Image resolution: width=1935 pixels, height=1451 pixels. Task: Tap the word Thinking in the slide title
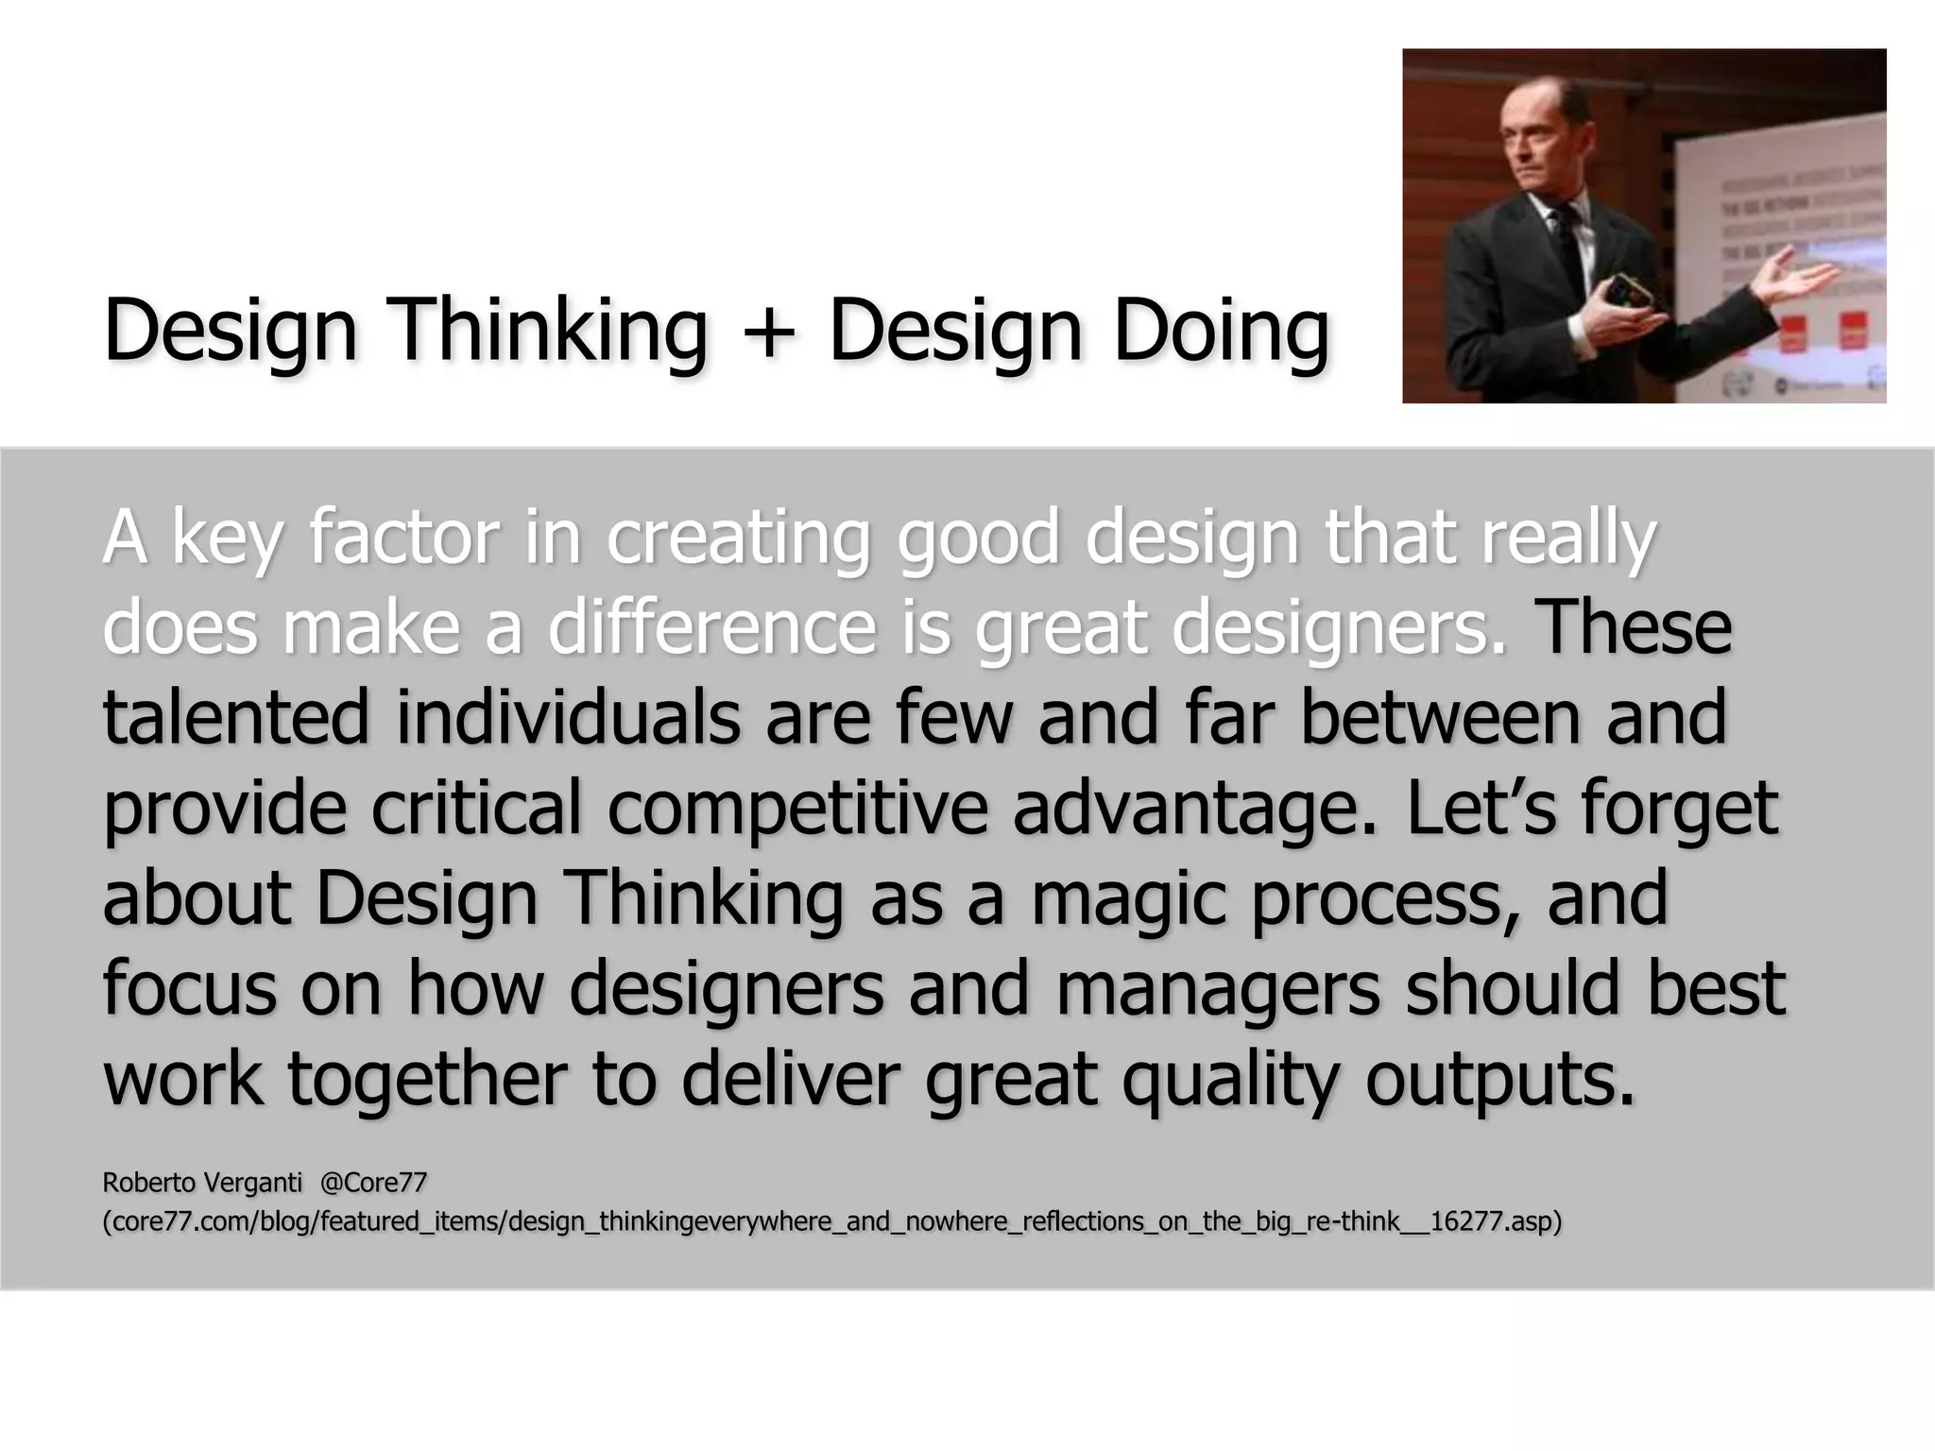(x=549, y=331)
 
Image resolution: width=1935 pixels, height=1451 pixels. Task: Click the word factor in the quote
(x=402, y=538)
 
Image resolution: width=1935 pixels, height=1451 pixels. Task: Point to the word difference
(x=712, y=628)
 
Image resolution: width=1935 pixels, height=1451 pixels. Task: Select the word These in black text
(x=1634, y=628)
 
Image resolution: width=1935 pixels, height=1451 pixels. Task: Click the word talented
(x=235, y=718)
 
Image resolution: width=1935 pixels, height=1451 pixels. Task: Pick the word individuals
(x=568, y=718)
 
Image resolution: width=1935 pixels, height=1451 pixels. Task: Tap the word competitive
(x=797, y=810)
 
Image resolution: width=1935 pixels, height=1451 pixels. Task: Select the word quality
(x=1229, y=1080)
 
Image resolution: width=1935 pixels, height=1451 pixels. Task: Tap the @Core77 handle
(x=373, y=1183)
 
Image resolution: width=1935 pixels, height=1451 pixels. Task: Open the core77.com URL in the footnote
(x=831, y=1222)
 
